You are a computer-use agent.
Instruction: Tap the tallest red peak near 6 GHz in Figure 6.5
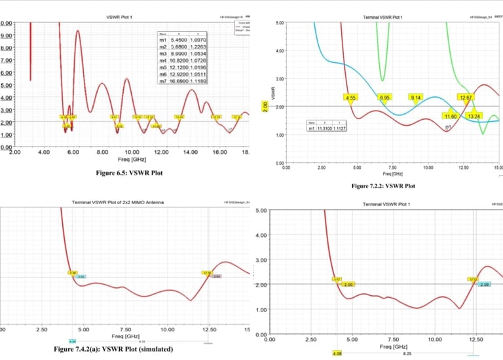[x=78, y=31]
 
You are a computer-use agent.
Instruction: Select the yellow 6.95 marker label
[x=386, y=98]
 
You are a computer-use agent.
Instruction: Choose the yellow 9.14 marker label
[x=416, y=98]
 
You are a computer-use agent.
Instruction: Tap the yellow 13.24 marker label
[x=474, y=116]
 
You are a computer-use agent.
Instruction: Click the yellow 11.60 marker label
[x=451, y=116]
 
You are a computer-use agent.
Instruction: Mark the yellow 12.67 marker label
[x=466, y=98]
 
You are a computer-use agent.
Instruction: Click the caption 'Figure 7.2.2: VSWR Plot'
[x=383, y=186]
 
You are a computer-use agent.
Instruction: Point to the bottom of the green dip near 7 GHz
[x=383, y=81]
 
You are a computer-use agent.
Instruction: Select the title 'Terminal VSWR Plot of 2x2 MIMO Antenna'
[x=118, y=202]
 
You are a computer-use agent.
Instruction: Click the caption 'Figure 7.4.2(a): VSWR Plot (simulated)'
[x=113, y=349]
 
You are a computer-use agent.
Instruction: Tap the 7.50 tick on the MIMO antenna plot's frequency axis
[x=125, y=329]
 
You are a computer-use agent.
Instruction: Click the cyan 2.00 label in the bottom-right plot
[x=485, y=285]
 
